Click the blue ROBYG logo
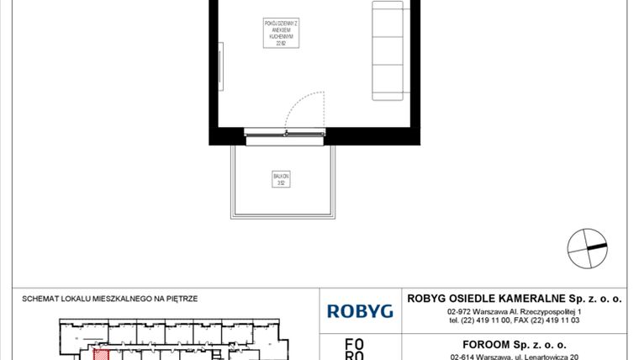[x=360, y=310]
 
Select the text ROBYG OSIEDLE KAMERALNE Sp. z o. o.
[x=515, y=297]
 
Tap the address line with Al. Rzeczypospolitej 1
[x=515, y=311]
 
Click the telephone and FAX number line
[x=515, y=320]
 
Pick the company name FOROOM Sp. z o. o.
[x=515, y=344]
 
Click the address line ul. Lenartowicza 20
[x=515, y=357]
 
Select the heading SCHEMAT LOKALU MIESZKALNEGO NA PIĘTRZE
[x=111, y=298]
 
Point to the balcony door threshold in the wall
[x=283, y=131]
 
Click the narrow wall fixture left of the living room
[x=220, y=68]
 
